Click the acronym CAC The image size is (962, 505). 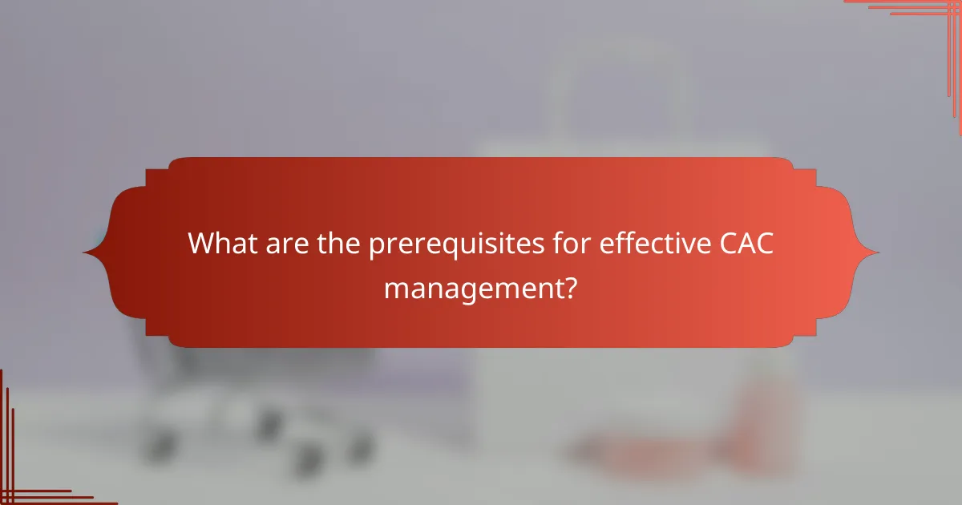pyautogui.click(x=746, y=244)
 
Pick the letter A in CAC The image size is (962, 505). pyautogui.click(x=746, y=244)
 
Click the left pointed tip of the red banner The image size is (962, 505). pyautogui.click(x=84, y=252)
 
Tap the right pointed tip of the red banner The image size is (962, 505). pyautogui.click(x=878, y=252)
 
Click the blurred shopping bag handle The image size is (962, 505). pyautogui.click(x=617, y=80)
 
